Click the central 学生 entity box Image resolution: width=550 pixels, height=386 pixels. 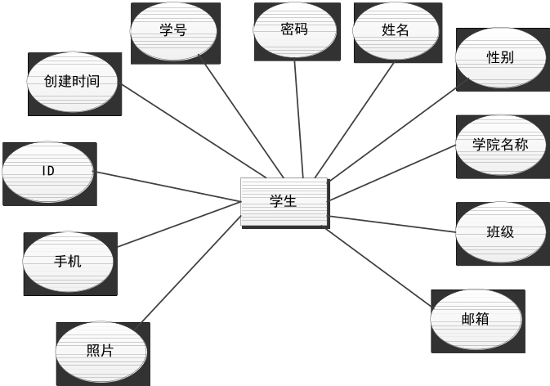point(284,201)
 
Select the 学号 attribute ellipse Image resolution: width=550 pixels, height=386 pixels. point(173,31)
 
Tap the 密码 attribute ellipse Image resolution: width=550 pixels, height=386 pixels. point(294,29)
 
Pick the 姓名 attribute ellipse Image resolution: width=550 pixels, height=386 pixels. point(395,30)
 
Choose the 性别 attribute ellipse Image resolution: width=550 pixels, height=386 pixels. point(499,58)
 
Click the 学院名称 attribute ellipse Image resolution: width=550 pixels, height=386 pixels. point(500,145)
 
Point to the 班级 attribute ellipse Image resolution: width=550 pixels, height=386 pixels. point(500,231)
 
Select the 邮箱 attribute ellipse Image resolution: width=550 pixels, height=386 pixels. point(475,319)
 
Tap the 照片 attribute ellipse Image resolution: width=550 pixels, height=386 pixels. point(100,351)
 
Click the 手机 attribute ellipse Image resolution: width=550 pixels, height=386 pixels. point(68,262)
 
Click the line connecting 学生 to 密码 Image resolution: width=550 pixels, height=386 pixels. point(299,119)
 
